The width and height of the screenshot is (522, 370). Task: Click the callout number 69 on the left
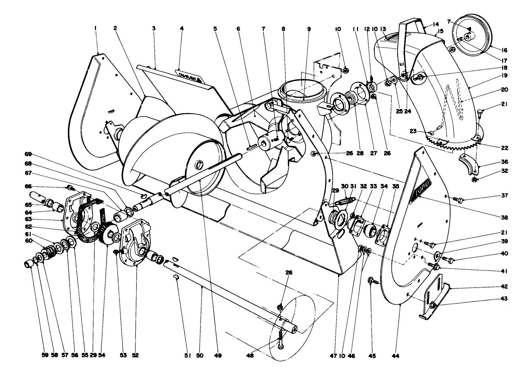pyautogui.click(x=28, y=154)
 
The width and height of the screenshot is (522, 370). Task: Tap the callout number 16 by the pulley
pyautogui.click(x=504, y=50)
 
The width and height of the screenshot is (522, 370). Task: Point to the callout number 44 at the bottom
pyautogui.click(x=395, y=355)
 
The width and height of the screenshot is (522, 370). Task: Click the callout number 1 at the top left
pyautogui.click(x=96, y=28)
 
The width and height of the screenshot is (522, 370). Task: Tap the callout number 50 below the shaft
pyautogui.click(x=200, y=355)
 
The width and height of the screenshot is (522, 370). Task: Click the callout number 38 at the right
pyautogui.click(x=504, y=217)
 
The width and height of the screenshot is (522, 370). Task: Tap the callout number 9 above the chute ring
pyautogui.click(x=309, y=28)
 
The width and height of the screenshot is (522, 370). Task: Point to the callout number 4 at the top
pyautogui.click(x=182, y=28)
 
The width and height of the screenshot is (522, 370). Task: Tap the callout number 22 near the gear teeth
pyautogui.click(x=504, y=148)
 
